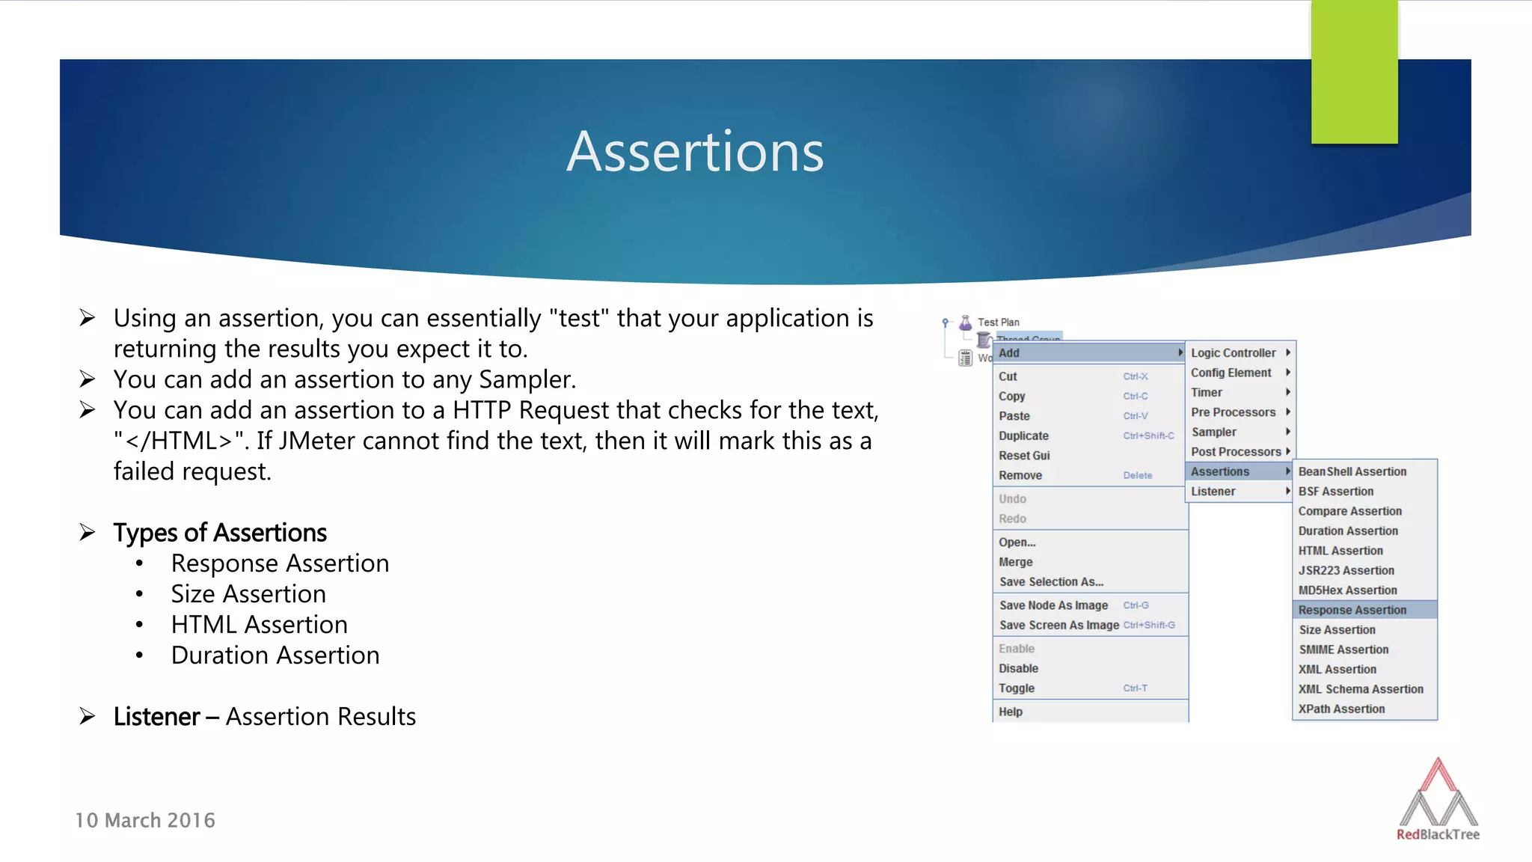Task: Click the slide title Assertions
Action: coord(695,152)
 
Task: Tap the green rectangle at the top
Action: coord(1354,71)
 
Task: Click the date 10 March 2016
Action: coord(145,821)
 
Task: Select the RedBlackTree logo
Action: coord(1438,799)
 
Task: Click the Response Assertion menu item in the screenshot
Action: coord(1352,610)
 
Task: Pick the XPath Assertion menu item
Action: coord(1341,709)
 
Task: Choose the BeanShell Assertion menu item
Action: coord(1352,471)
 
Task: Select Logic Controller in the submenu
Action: coord(1233,352)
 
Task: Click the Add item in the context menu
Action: coord(1009,352)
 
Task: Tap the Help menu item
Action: coord(1011,712)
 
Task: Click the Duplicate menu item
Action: coord(1023,435)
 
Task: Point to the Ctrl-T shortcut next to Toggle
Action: coord(1135,688)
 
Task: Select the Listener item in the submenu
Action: coord(1213,492)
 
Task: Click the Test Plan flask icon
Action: coord(966,323)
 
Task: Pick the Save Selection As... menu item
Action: coord(1051,581)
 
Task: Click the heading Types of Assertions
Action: coord(220,533)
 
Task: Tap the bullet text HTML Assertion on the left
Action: coord(259,625)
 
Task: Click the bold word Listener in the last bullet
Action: coord(156,717)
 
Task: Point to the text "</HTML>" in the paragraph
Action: coord(180,441)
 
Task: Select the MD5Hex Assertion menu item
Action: coord(1347,590)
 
